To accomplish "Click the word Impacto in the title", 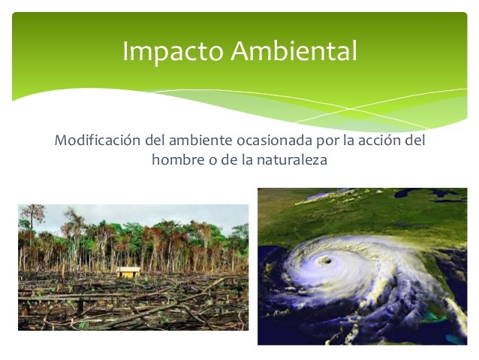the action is (173, 51).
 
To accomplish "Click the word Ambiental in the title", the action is (294, 50).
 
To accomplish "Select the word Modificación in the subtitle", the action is (98, 140).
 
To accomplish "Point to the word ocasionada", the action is (275, 141).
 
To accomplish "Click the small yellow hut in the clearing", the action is (128, 272).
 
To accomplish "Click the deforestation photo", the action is (133, 268).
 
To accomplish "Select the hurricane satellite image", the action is (363, 266).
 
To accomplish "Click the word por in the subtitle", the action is (327, 141).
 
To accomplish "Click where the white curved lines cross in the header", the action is (351, 109).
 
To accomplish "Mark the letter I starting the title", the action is (125, 51).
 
